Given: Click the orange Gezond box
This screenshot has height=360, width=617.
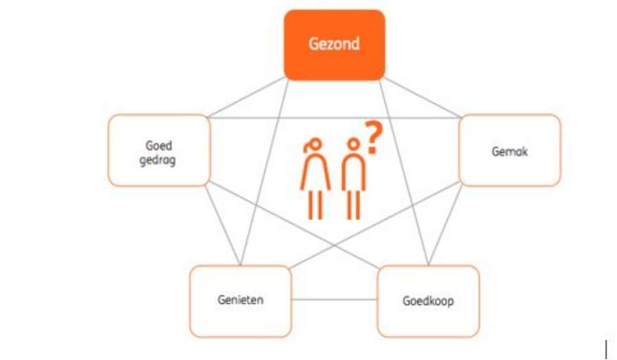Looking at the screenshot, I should pyautogui.click(x=335, y=45).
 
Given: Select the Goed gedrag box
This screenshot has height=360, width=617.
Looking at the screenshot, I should pyautogui.click(x=158, y=150).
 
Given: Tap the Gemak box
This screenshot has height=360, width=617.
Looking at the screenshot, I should pyautogui.click(x=509, y=150).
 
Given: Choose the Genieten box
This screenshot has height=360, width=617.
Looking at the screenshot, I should pyautogui.click(x=240, y=301).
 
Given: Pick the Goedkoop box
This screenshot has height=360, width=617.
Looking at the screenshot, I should pyautogui.click(x=428, y=301).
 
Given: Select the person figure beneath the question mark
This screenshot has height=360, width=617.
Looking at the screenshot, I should pyautogui.click(x=353, y=180).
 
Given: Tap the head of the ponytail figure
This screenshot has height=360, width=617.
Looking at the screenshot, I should pyautogui.click(x=315, y=145).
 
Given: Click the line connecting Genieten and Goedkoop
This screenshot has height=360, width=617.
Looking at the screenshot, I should pyautogui.click(x=334, y=300).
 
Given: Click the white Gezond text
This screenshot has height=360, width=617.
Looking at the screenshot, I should pyautogui.click(x=335, y=45).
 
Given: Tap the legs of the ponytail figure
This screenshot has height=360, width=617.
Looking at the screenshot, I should pyautogui.click(x=315, y=204).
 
